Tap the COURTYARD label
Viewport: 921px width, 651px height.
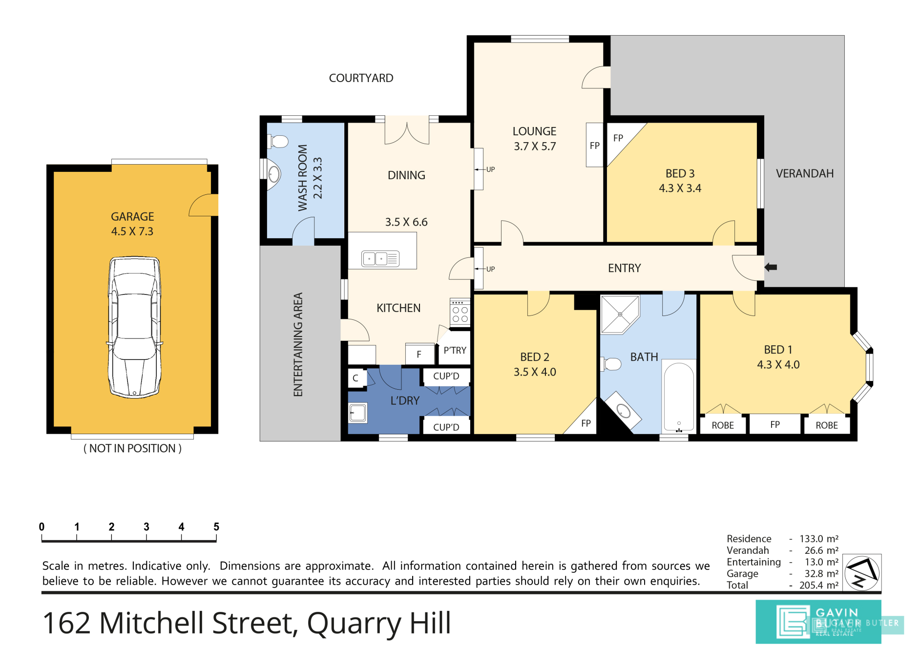coord(361,78)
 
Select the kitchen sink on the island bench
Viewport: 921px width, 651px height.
coord(380,258)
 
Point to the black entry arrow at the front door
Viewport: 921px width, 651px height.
coord(771,267)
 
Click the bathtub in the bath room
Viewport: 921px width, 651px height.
coord(679,398)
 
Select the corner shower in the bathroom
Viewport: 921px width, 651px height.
coord(620,315)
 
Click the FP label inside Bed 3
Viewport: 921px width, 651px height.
coord(618,138)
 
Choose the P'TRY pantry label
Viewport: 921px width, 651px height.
coord(455,350)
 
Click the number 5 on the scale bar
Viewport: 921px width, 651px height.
coord(216,526)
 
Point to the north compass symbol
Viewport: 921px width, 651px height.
coord(862,573)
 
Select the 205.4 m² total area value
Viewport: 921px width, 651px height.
coord(819,585)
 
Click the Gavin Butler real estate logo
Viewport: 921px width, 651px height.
coord(818,621)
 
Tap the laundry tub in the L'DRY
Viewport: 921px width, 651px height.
coord(358,413)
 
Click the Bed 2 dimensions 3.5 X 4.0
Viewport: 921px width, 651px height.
coord(535,372)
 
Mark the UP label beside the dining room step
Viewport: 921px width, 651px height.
coord(491,169)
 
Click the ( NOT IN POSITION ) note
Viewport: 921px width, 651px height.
coord(132,448)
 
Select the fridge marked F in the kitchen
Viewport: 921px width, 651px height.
coord(419,354)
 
